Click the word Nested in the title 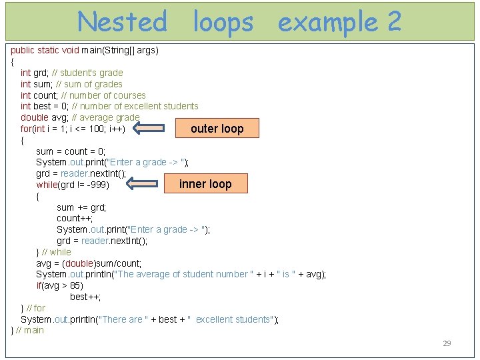pyautogui.click(x=122, y=22)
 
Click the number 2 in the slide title pyautogui.click(x=393, y=22)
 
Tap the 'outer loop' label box pyautogui.click(x=217, y=129)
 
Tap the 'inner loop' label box pyautogui.click(x=205, y=184)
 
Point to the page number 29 pyautogui.click(x=447, y=343)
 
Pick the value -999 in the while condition pyautogui.click(x=97, y=185)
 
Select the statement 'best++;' pyautogui.click(x=85, y=297)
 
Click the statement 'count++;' pyautogui.click(x=75, y=218)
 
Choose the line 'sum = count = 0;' pyautogui.click(x=71, y=151)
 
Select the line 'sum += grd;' pyautogui.click(x=81, y=207)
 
